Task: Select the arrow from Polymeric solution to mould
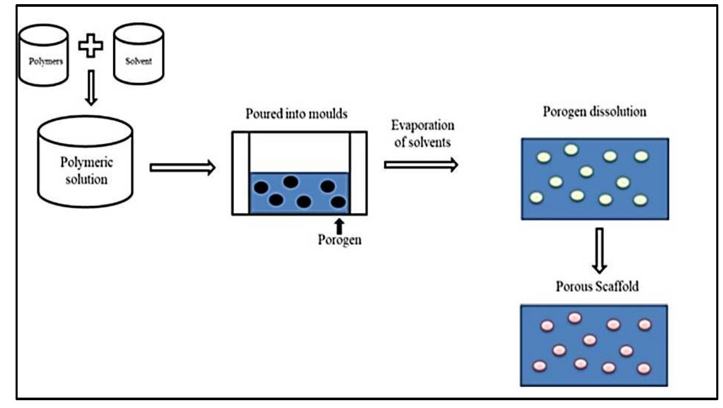pyautogui.click(x=182, y=168)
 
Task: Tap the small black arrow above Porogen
pyautogui.click(x=339, y=226)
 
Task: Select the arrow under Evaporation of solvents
pyautogui.click(x=421, y=165)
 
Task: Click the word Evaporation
pyautogui.click(x=423, y=126)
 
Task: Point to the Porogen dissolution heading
pyautogui.click(x=594, y=112)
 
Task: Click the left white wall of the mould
pyautogui.click(x=241, y=173)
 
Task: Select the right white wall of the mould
pyautogui.click(x=358, y=173)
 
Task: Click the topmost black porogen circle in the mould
pyautogui.click(x=291, y=181)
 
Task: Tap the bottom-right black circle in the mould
pyautogui.click(x=338, y=201)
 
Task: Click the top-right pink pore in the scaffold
pyautogui.click(x=644, y=324)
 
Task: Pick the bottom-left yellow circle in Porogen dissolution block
pyautogui.click(x=536, y=197)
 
